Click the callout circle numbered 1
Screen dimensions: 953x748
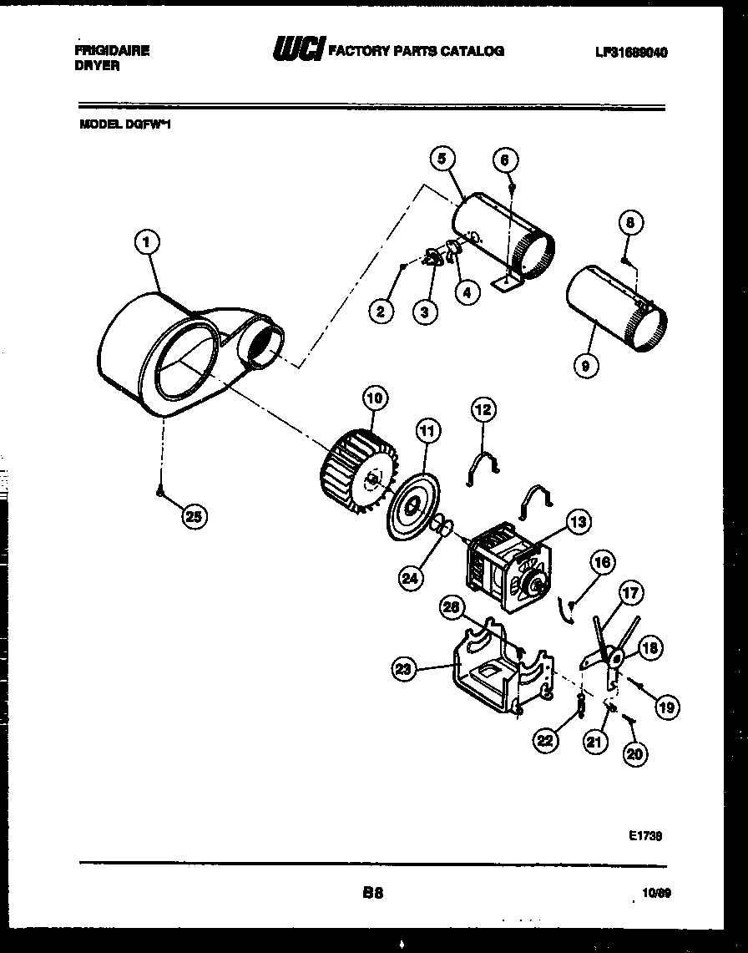coord(147,243)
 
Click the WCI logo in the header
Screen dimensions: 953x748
coord(297,51)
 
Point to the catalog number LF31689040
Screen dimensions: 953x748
coord(632,52)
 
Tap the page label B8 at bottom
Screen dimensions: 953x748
coord(372,893)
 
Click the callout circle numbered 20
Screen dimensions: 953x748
coord(634,753)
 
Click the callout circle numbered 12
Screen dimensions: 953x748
coord(483,408)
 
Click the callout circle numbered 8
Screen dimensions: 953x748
coord(632,222)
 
